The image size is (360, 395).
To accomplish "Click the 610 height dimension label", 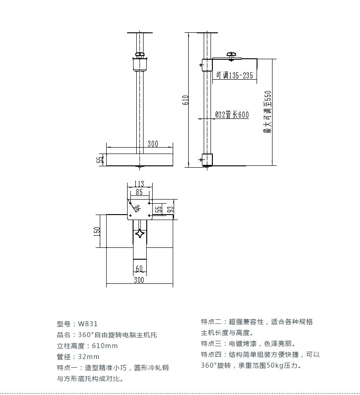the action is point(185,100).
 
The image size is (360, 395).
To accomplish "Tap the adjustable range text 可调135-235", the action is point(234,75).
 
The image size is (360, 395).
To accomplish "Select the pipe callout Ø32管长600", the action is point(232,115).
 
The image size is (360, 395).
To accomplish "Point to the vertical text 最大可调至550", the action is point(267,112).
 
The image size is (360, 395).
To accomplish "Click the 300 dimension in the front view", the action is point(153,144).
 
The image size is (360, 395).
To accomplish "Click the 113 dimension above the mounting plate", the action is point(139,184).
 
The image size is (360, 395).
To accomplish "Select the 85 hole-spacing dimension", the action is point(139,192).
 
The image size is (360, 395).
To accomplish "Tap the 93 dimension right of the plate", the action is point(170,209).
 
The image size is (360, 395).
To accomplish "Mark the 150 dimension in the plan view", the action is point(97,231).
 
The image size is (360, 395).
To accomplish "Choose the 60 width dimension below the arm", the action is point(139,268).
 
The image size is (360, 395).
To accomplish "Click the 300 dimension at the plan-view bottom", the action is point(139,280).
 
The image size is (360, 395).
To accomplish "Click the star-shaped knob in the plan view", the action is point(140,234).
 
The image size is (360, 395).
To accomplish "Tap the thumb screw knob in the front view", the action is point(139,54).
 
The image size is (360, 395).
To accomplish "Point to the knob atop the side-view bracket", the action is point(231,56).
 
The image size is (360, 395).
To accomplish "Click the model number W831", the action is point(88,324).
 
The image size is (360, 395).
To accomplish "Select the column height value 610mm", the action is point(105,346).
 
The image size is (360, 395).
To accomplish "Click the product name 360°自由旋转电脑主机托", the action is point(118,335).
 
